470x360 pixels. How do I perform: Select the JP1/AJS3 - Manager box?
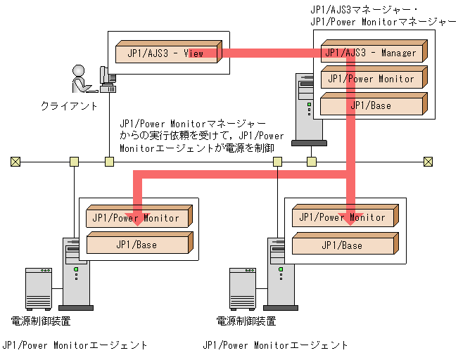click(x=371, y=53)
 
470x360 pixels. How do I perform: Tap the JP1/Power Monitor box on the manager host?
click(x=371, y=79)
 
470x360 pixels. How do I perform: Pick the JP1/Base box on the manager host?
click(x=371, y=105)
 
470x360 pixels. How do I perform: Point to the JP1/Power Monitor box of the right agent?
click(x=342, y=218)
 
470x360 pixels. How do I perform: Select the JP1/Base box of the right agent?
click(x=342, y=245)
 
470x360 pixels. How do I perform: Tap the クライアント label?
click(x=68, y=105)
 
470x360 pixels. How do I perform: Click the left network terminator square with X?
click(x=15, y=162)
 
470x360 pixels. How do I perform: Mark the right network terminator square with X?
click(x=428, y=162)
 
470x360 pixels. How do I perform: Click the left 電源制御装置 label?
click(x=41, y=321)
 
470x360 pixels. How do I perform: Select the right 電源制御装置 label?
click(x=246, y=321)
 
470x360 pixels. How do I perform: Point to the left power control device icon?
click(x=39, y=288)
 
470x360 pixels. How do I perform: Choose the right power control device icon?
click(x=243, y=288)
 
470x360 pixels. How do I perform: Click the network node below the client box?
click(x=109, y=162)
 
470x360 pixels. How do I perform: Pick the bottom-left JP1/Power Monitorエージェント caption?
click(x=75, y=345)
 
